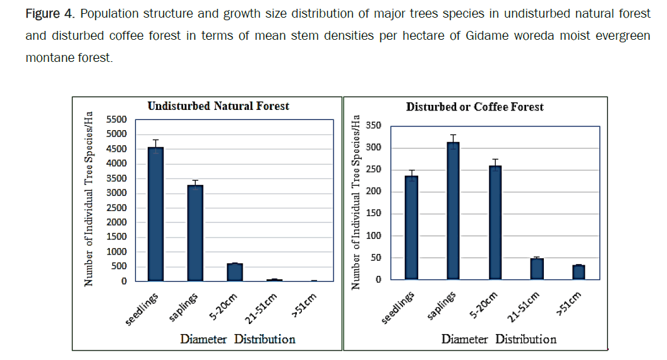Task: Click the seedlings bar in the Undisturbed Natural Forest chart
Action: [x=155, y=214]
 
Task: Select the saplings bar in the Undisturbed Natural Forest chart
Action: [x=195, y=233]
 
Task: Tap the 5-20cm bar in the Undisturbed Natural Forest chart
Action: [x=235, y=272]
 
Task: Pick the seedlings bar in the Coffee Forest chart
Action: [x=411, y=227]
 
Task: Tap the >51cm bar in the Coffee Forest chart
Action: [x=578, y=272]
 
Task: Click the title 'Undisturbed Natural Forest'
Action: [x=218, y=106]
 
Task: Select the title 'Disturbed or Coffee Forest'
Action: [x=474, y=107]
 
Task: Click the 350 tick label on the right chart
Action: [x=373, y=126]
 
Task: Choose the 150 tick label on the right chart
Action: [x=373, y=214]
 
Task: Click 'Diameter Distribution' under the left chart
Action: [x=237, y=340]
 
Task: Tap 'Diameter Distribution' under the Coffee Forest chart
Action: [x=498, y=340]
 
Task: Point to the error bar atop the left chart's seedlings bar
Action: [x=155, y=143]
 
